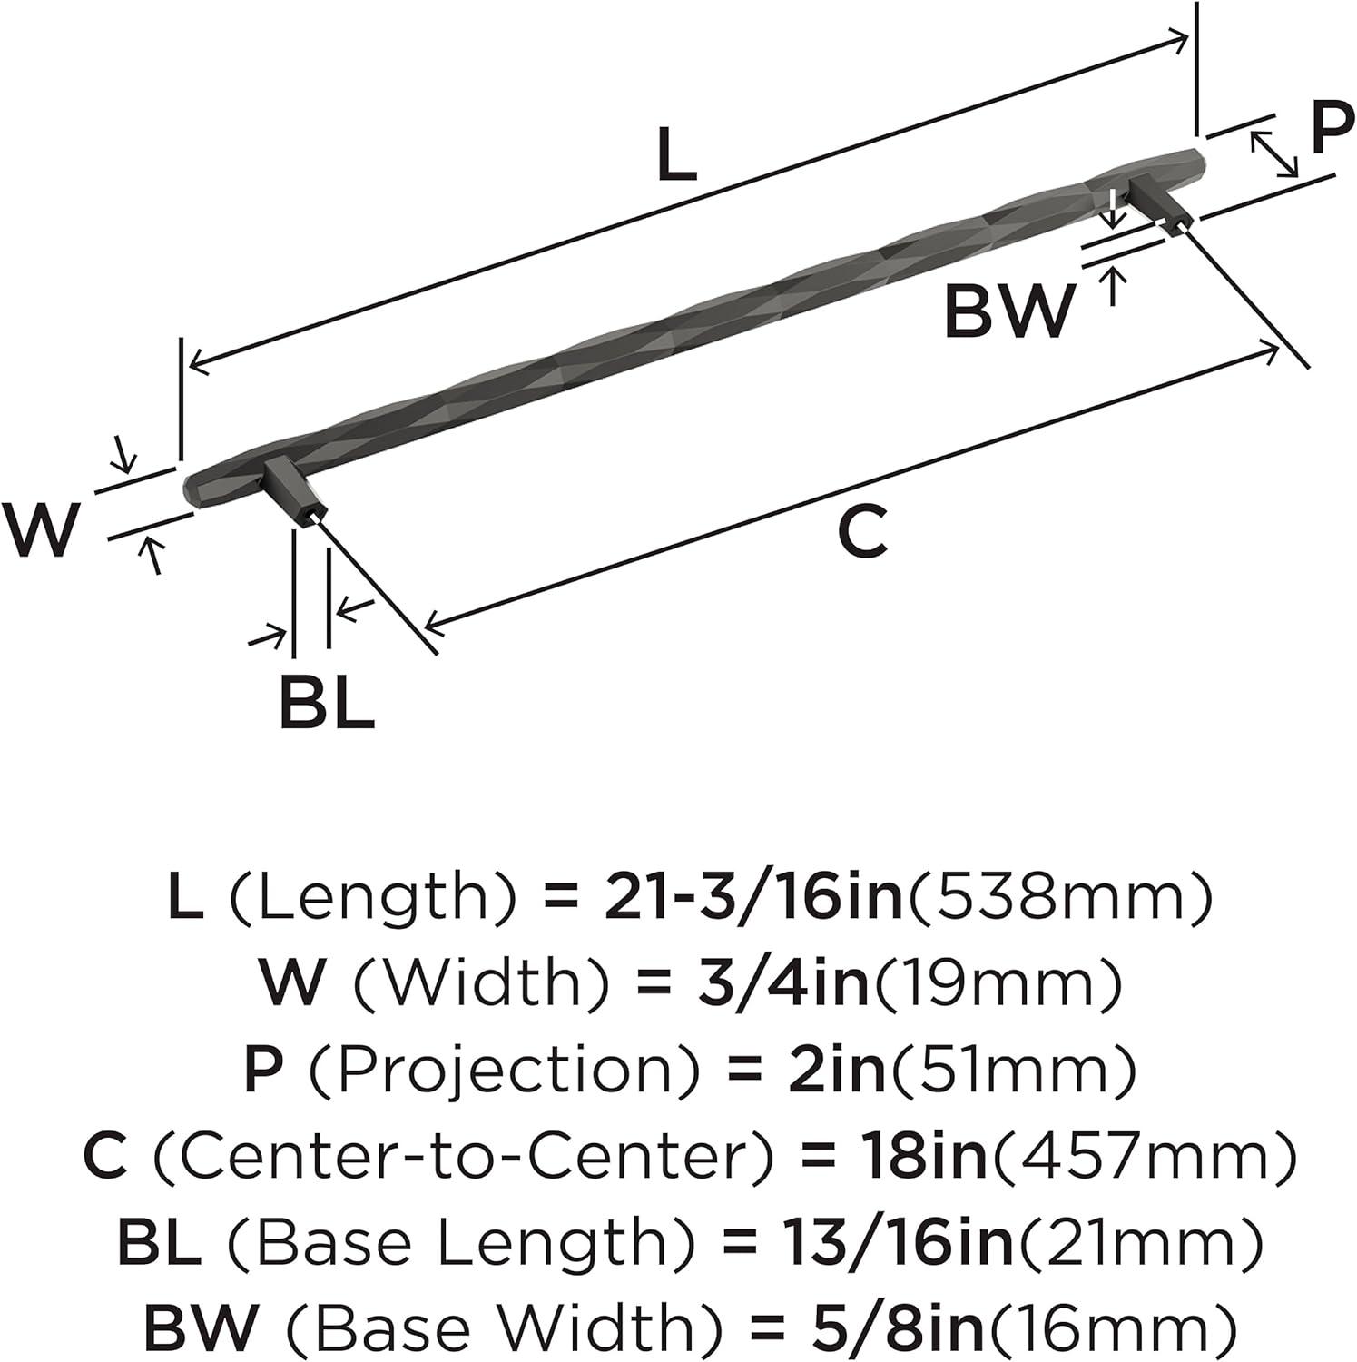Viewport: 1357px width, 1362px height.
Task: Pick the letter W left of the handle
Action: (x=40, y=529)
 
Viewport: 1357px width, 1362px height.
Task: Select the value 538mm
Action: (x=1057, y=896)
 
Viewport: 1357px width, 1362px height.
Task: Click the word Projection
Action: (x=504, y=1069)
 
